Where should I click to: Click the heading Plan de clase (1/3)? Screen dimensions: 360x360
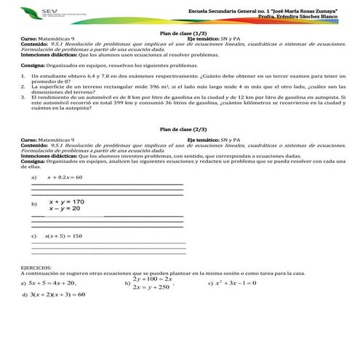point(180,34)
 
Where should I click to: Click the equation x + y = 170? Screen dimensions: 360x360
point(67,201)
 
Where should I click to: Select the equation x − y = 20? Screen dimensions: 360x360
point(65,209)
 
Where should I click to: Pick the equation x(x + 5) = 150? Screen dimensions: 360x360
point(63,236)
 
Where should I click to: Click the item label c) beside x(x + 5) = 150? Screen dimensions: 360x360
point(33,236)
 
